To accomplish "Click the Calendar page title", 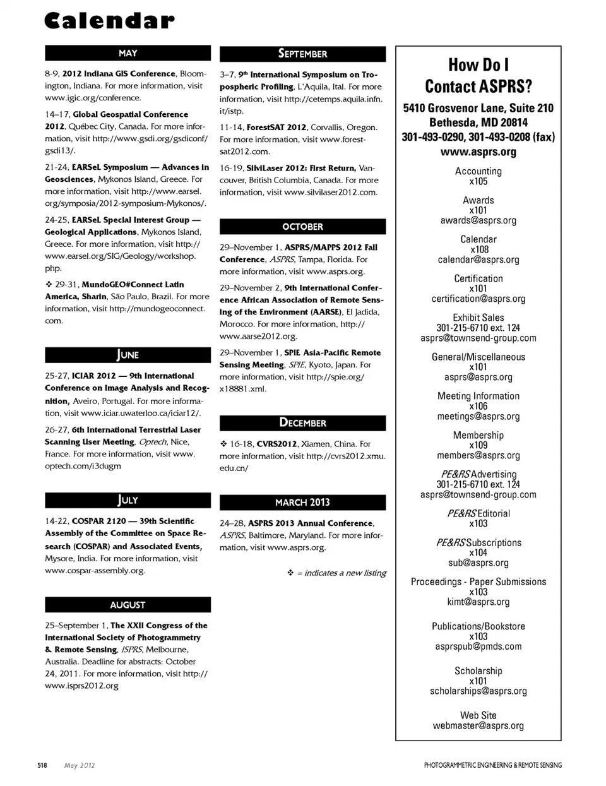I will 109,21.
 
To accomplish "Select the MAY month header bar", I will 128,53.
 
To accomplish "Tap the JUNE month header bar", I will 128,355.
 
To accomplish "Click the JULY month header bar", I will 128,500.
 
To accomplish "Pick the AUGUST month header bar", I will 128,605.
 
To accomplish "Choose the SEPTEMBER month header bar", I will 302,54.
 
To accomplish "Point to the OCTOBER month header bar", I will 302,227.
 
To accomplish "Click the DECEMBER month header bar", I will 302,423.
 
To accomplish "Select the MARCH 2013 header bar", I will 302,503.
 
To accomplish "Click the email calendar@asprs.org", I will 478,259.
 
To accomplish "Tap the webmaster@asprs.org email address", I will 478,725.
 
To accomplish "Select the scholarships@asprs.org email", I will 478,691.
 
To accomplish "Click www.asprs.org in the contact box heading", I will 478,152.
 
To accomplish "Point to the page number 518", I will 42,765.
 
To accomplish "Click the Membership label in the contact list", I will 478,435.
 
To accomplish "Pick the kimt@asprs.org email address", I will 478,602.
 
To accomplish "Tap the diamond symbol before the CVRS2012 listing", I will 223,444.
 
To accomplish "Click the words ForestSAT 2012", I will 276,128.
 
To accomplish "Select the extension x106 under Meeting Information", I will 478,406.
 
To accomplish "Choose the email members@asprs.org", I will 478,455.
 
